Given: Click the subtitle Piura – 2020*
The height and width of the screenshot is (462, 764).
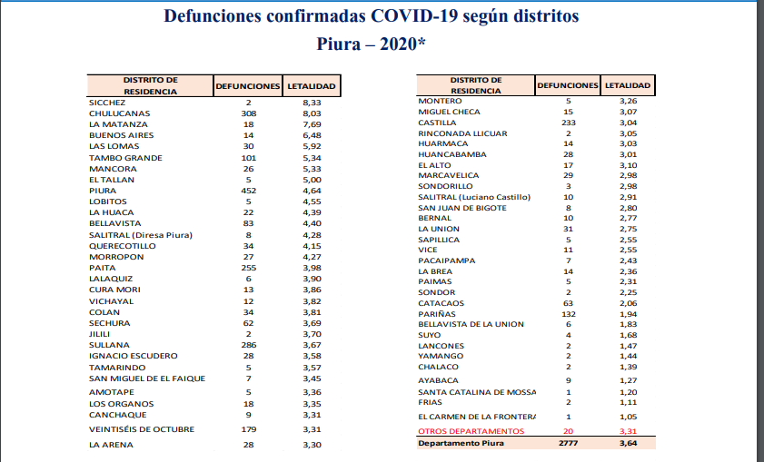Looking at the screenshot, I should [372, 43].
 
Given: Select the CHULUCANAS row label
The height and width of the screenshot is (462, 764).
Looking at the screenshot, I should [119, 113].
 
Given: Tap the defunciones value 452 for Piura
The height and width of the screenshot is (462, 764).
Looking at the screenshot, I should [247, 191].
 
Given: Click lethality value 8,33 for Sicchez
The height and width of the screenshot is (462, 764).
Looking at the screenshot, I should [312, 103].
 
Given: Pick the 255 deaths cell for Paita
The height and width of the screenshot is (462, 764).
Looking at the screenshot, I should [247, 268].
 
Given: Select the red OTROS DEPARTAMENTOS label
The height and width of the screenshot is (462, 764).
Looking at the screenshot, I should [471, 430].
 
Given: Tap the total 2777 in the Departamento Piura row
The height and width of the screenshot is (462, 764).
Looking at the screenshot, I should [568, 443].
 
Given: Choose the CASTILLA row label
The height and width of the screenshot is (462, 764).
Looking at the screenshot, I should [437, 123].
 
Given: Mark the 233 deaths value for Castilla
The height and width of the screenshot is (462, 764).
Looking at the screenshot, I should [568, 123].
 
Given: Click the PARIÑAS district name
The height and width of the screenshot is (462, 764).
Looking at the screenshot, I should [437, 313].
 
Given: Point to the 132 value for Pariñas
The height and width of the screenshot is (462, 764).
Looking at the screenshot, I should [568, 313].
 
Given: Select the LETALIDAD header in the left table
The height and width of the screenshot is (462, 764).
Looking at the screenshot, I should [312, 86].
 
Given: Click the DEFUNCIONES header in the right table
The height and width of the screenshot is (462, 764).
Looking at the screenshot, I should [568, 85].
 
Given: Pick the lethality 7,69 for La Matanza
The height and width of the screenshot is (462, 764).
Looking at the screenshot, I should [312, 124].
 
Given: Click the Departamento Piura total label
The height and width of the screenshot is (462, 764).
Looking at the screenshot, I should [460, 443].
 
